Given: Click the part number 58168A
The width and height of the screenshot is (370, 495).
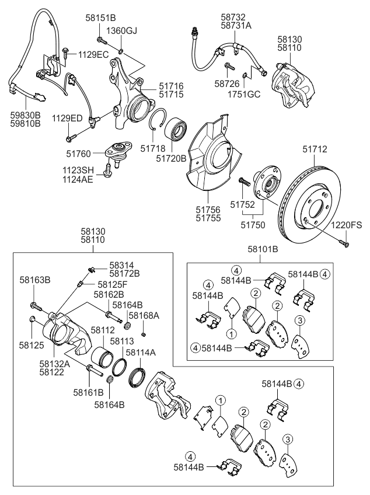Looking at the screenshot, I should (142, 315).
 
